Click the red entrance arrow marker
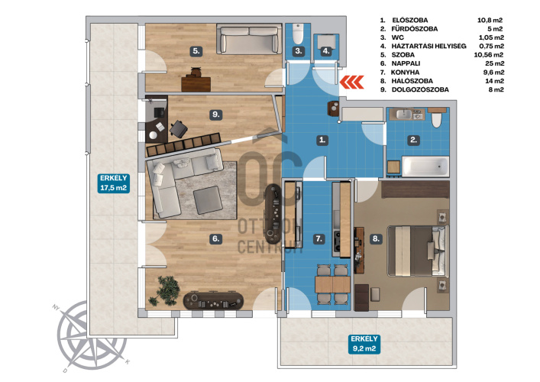pyautogui.click(x=351, y=83)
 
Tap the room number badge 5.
pyautogui.click(x=196, y=51)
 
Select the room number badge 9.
pyautogui.click(x=216, y=115)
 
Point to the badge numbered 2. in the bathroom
pyautogui.click(x=414, y=140)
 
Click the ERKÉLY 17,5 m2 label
pyautogui.click(x=113, y=183)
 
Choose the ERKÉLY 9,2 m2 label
pyautogui.click(x=364, y=344)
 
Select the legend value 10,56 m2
pyautogui.click(x=489, y=55)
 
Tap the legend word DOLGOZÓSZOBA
pyautogui.click(x=420, y=89)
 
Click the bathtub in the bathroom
pyautogui.click(x=425, y=167)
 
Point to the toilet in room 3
pyautogui.click(x=298, y=34)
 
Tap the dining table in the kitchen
pyautogui.click(x=333, y=284)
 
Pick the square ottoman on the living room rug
pyautogui.click(x=208, y=200)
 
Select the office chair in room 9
pyautogui.click(x=179, y=128)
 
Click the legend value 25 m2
pyautogui.click(x=494, y=63)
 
